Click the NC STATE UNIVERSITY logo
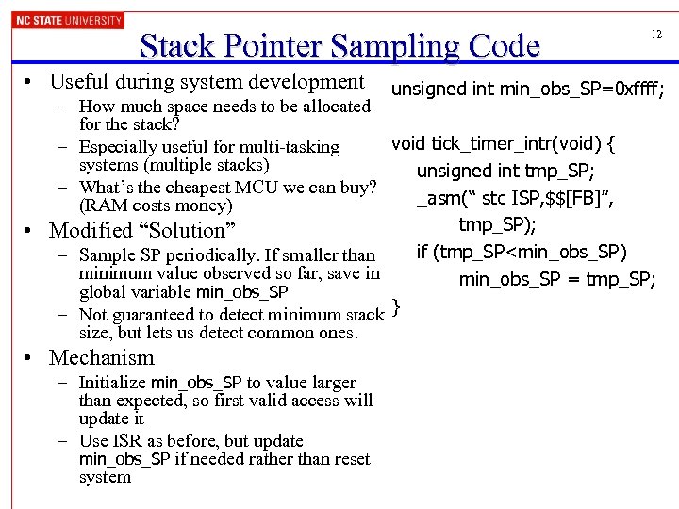(x=68, y=19)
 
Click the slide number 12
(x=656, y=34)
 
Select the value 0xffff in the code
(x=633, y=90)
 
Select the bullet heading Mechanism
(x=101, y=358)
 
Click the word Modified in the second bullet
(x=91, y=230)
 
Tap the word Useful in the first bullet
(x=79, y=82)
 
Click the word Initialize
(x=112, y=383)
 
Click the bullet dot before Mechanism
(x=33, y=358)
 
